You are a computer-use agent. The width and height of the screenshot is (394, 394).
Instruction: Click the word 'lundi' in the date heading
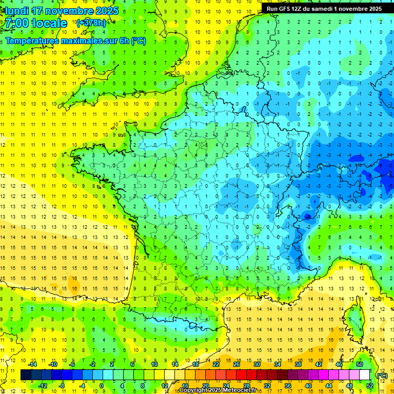point(17,11)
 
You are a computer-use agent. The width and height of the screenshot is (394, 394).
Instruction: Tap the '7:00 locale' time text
point(36,23)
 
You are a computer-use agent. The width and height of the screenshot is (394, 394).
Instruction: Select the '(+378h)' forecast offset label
point(92,23)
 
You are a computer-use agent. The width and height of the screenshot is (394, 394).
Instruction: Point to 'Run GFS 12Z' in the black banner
point(285,9)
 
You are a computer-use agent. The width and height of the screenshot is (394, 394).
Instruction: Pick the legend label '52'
point(369,386)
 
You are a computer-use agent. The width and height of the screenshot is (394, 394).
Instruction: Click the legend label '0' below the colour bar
point(101,386)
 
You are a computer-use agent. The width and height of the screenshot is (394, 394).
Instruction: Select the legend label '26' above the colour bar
point(237,364)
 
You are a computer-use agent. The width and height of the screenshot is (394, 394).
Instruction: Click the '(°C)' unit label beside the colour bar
point(382,375)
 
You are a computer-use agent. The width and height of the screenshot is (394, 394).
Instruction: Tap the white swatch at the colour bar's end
point(364,375)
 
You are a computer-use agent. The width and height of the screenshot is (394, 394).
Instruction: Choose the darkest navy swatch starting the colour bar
point(25,375)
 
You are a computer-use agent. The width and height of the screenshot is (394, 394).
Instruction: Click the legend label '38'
point(298,364)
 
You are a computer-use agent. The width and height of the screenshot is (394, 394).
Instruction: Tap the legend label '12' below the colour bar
point(165,386)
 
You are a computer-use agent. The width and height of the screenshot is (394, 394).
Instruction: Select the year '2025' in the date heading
point(106,11)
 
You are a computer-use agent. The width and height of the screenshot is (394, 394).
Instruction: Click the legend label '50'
point(359,364)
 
